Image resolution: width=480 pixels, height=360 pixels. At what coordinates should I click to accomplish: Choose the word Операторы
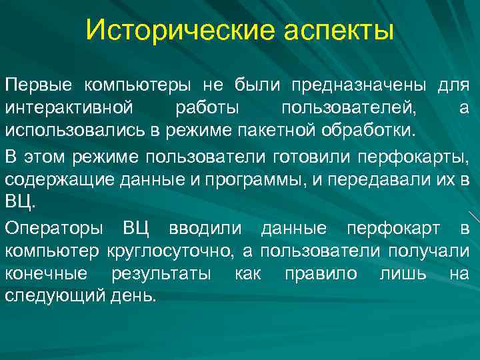53,230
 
